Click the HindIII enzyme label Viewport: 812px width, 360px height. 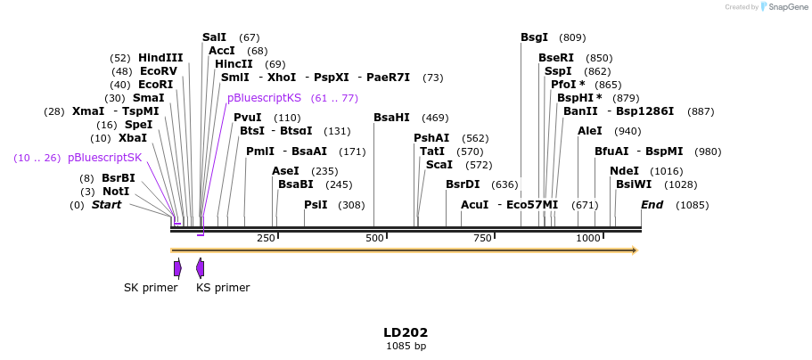pos(160,58)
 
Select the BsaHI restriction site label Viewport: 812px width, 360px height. pos(391,118)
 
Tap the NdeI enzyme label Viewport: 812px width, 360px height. pos(624,171)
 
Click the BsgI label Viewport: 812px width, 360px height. pos(534,37)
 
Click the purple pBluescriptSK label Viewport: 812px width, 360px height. pos(104,158)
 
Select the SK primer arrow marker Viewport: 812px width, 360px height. pos(177,268)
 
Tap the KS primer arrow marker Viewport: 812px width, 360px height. pos(201,268)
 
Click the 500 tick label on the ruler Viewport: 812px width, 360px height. pos(373,238)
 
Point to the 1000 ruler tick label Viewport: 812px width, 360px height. pos(588,238)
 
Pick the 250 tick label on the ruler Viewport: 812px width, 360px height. pos(266,238)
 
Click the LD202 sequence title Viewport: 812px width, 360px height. pos(406,332)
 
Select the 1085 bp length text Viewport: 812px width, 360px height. pos(406,346)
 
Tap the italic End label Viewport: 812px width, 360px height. pos(652,205)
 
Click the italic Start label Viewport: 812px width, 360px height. pos(106,205)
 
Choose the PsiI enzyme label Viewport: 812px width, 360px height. pos(316,205)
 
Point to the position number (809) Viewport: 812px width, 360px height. pos(572,37)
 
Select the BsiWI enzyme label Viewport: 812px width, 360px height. pos(633,184)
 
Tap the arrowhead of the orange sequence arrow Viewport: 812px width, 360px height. pos(634,250)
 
